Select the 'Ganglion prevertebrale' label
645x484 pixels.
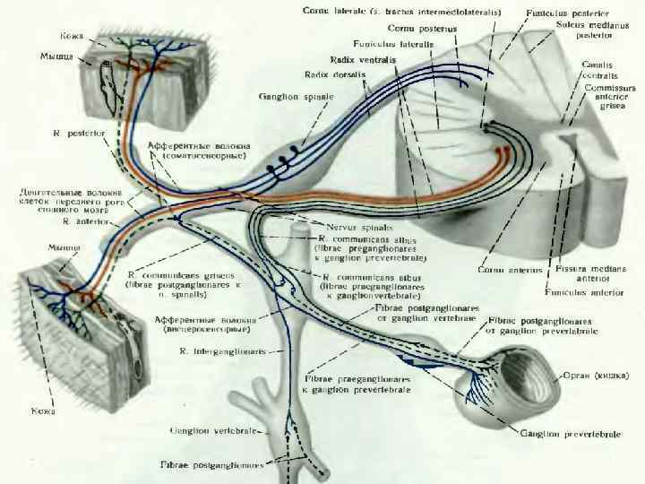coord(570,434)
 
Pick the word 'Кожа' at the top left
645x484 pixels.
coord(73,36)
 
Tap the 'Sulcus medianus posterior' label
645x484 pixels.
coord(591,31)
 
